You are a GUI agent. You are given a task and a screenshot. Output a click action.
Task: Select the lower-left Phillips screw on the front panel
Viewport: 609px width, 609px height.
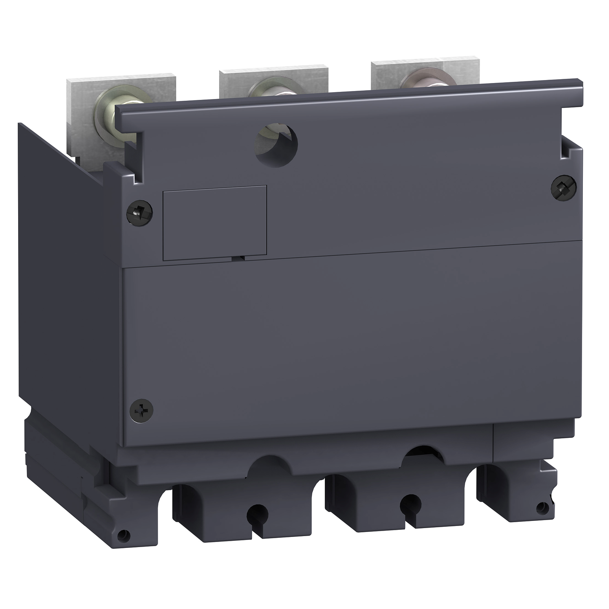point(141,410)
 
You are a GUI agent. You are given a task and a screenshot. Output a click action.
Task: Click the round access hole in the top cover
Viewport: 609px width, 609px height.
point(276,145)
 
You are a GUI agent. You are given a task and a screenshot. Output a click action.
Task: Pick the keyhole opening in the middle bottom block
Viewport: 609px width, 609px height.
point(409,504)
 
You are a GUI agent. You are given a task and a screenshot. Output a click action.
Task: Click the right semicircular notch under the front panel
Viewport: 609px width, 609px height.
point(424,455)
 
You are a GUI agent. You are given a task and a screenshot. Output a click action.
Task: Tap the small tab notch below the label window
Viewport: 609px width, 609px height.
point(237,258)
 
